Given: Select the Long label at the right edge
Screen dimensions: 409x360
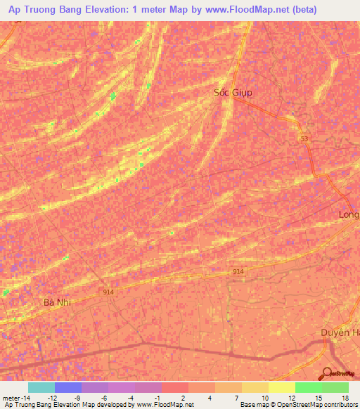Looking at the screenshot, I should click(x=349, y=214).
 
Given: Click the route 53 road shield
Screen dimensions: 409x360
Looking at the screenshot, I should click(x=304, y=140).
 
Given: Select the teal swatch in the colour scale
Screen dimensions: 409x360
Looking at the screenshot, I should click(x=41, y=387).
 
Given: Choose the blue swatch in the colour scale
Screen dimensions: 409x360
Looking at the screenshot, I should click(x=68, y=387).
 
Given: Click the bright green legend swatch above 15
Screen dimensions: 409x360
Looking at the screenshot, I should click(x=309, y=387).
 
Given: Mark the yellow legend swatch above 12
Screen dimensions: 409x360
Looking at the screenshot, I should click(x=282, y=387).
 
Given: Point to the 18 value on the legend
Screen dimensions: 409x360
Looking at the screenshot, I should click(x=345, y=398).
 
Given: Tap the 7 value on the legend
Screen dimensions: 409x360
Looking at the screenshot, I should click(x=238, y=398).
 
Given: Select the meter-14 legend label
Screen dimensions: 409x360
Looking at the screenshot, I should click(x=16, y=398).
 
